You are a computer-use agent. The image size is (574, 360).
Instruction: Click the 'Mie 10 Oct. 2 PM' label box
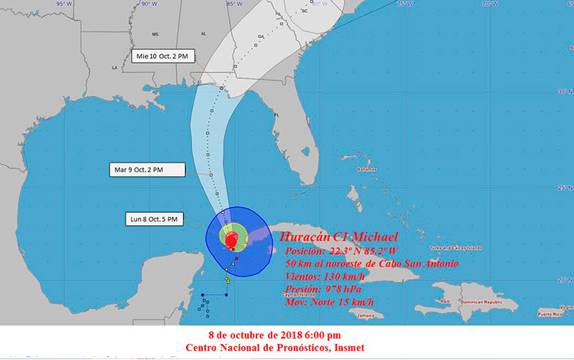(x=160, y=56)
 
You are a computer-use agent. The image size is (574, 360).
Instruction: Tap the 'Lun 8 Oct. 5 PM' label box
(x=154, y=220)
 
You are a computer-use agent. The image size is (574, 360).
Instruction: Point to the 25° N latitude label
(x=565, y=187)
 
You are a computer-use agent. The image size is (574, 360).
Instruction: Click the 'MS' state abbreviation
(x=155, y=34)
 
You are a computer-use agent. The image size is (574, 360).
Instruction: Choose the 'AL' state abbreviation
(x=204, y=34)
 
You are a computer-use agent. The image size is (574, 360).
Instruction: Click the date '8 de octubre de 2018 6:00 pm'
(x=275, y=335)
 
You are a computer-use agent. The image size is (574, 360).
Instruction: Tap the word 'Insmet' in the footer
(x=347, y=348)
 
